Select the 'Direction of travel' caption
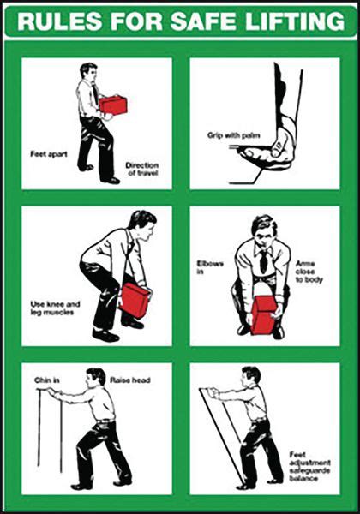point(141,169)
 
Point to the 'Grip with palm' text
point(226,135)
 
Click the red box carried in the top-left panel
point(112,105)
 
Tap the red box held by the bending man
point(135,301)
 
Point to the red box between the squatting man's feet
point(264,314)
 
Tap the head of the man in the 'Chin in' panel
point(96,377)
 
